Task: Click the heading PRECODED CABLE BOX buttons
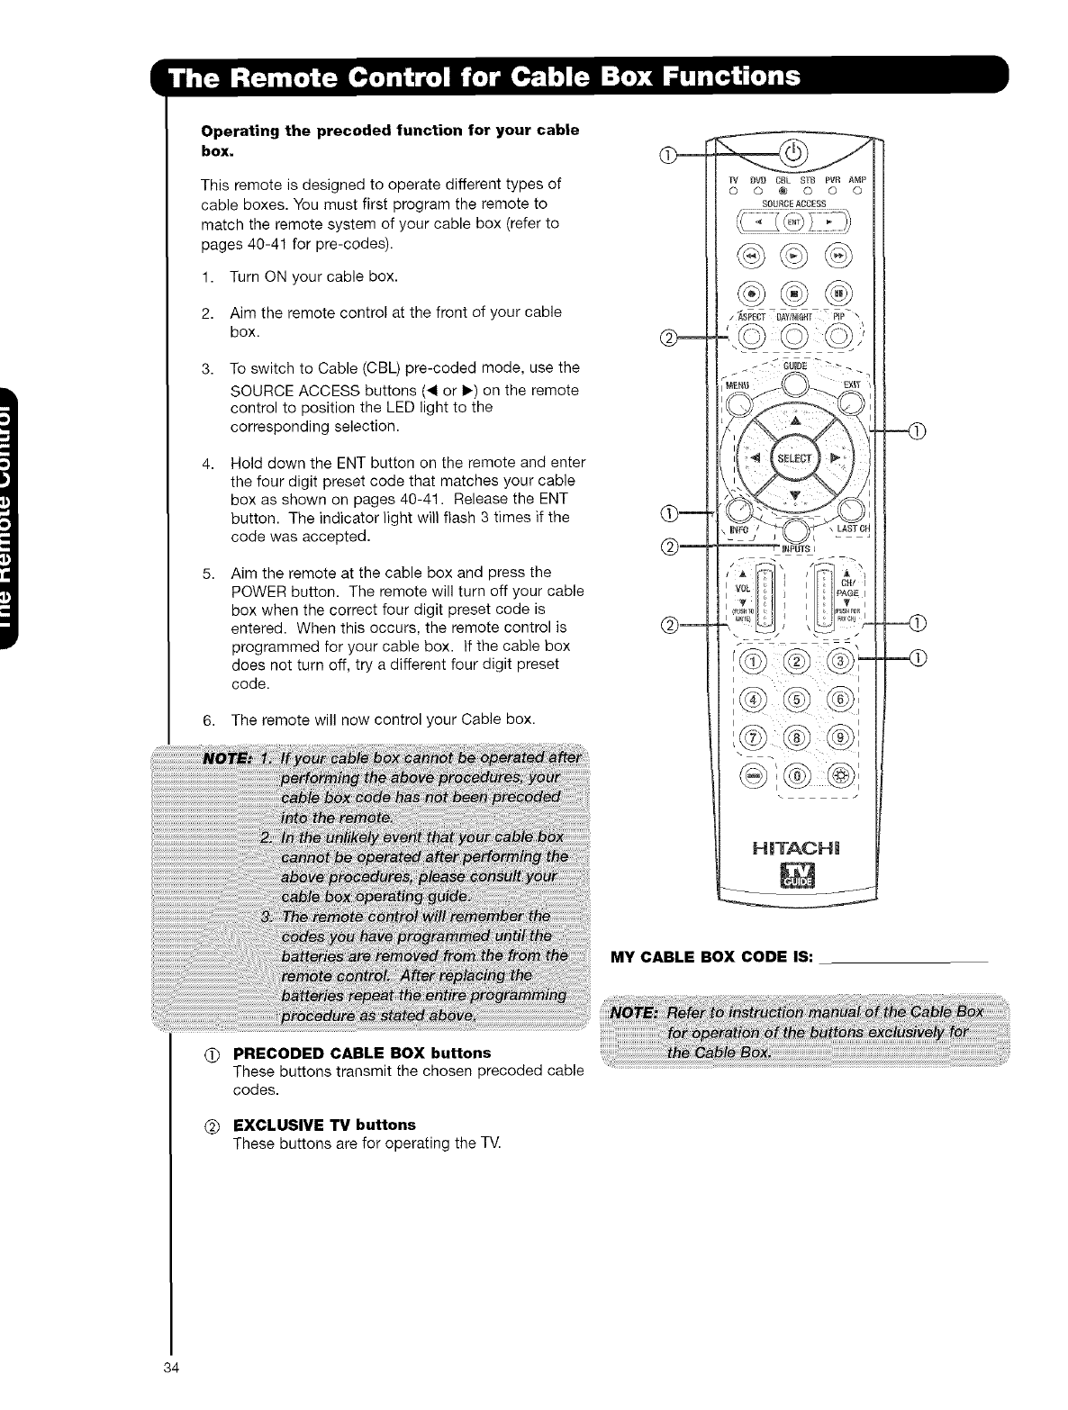(x=362, y=1053)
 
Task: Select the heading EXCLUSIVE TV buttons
(x=324, y=1125)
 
